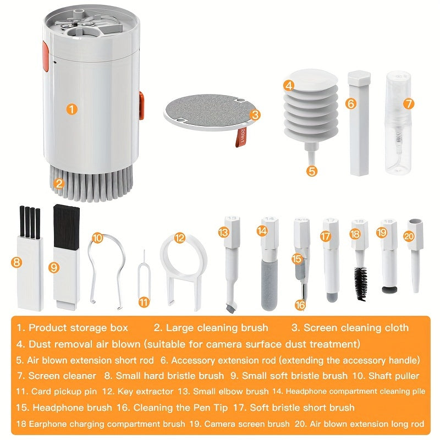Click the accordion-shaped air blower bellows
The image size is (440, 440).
click(x=311, y=107)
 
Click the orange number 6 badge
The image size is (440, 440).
click(x=351, y=103)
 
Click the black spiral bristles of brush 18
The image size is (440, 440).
click(x=361, y=283)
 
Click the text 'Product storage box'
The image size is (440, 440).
click(x=78, y=328)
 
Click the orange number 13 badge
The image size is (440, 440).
click(x=223, y=233)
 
